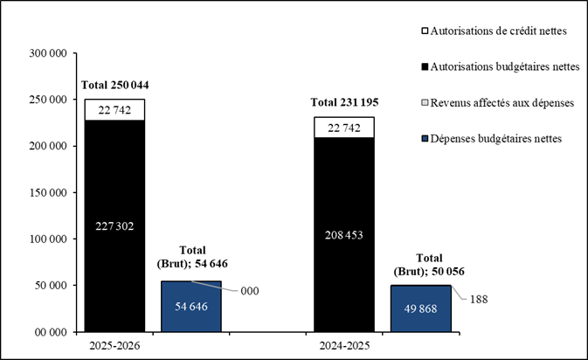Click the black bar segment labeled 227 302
pos(114,225)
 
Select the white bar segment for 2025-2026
pos(114,109)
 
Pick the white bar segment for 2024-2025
pos(344,127)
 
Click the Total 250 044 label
pos(115,85)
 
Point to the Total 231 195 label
pos(345,102)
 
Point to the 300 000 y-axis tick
pos(49,53)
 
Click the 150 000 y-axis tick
pos(49,192)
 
